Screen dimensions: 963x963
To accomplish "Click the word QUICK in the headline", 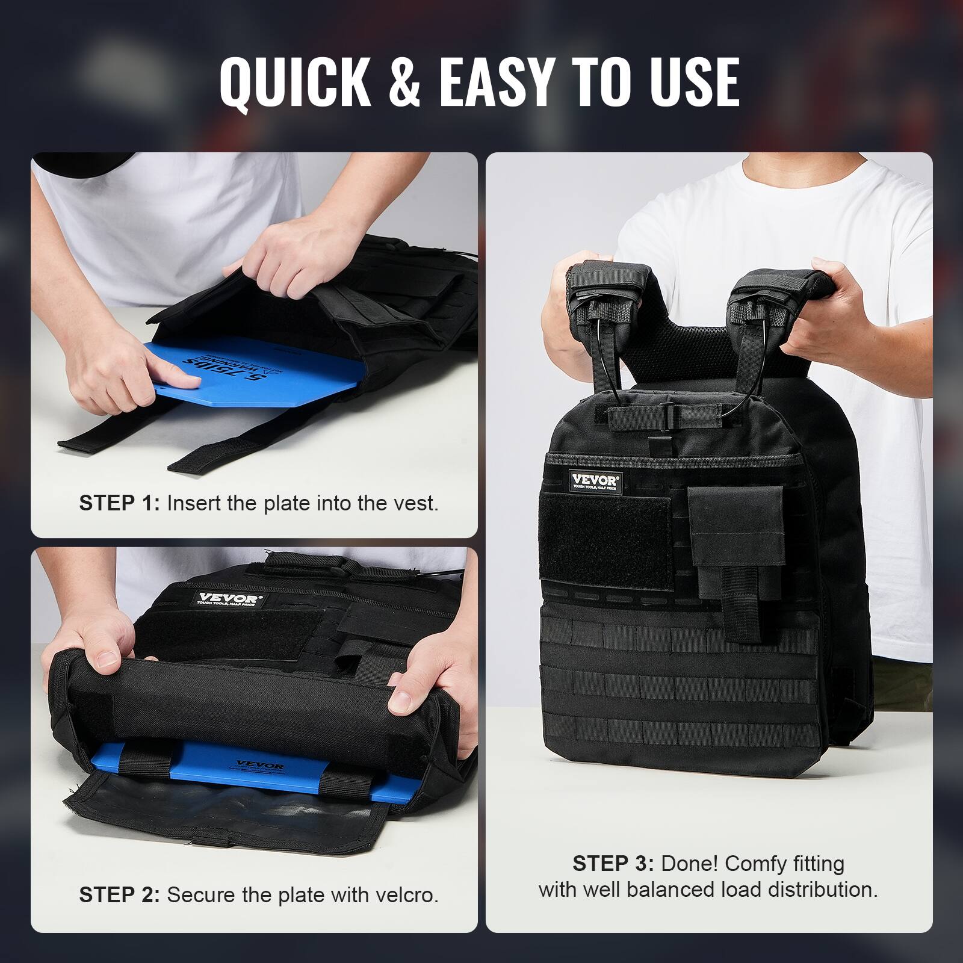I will point(295,82).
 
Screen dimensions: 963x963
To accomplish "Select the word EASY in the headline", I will point(495,82).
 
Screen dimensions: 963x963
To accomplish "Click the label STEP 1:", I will point(119,503).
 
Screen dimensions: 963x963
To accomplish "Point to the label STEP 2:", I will point(119,895).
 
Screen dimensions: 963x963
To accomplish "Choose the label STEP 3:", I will point(613,864).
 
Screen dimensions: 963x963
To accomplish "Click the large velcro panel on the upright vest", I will point(605,543).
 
